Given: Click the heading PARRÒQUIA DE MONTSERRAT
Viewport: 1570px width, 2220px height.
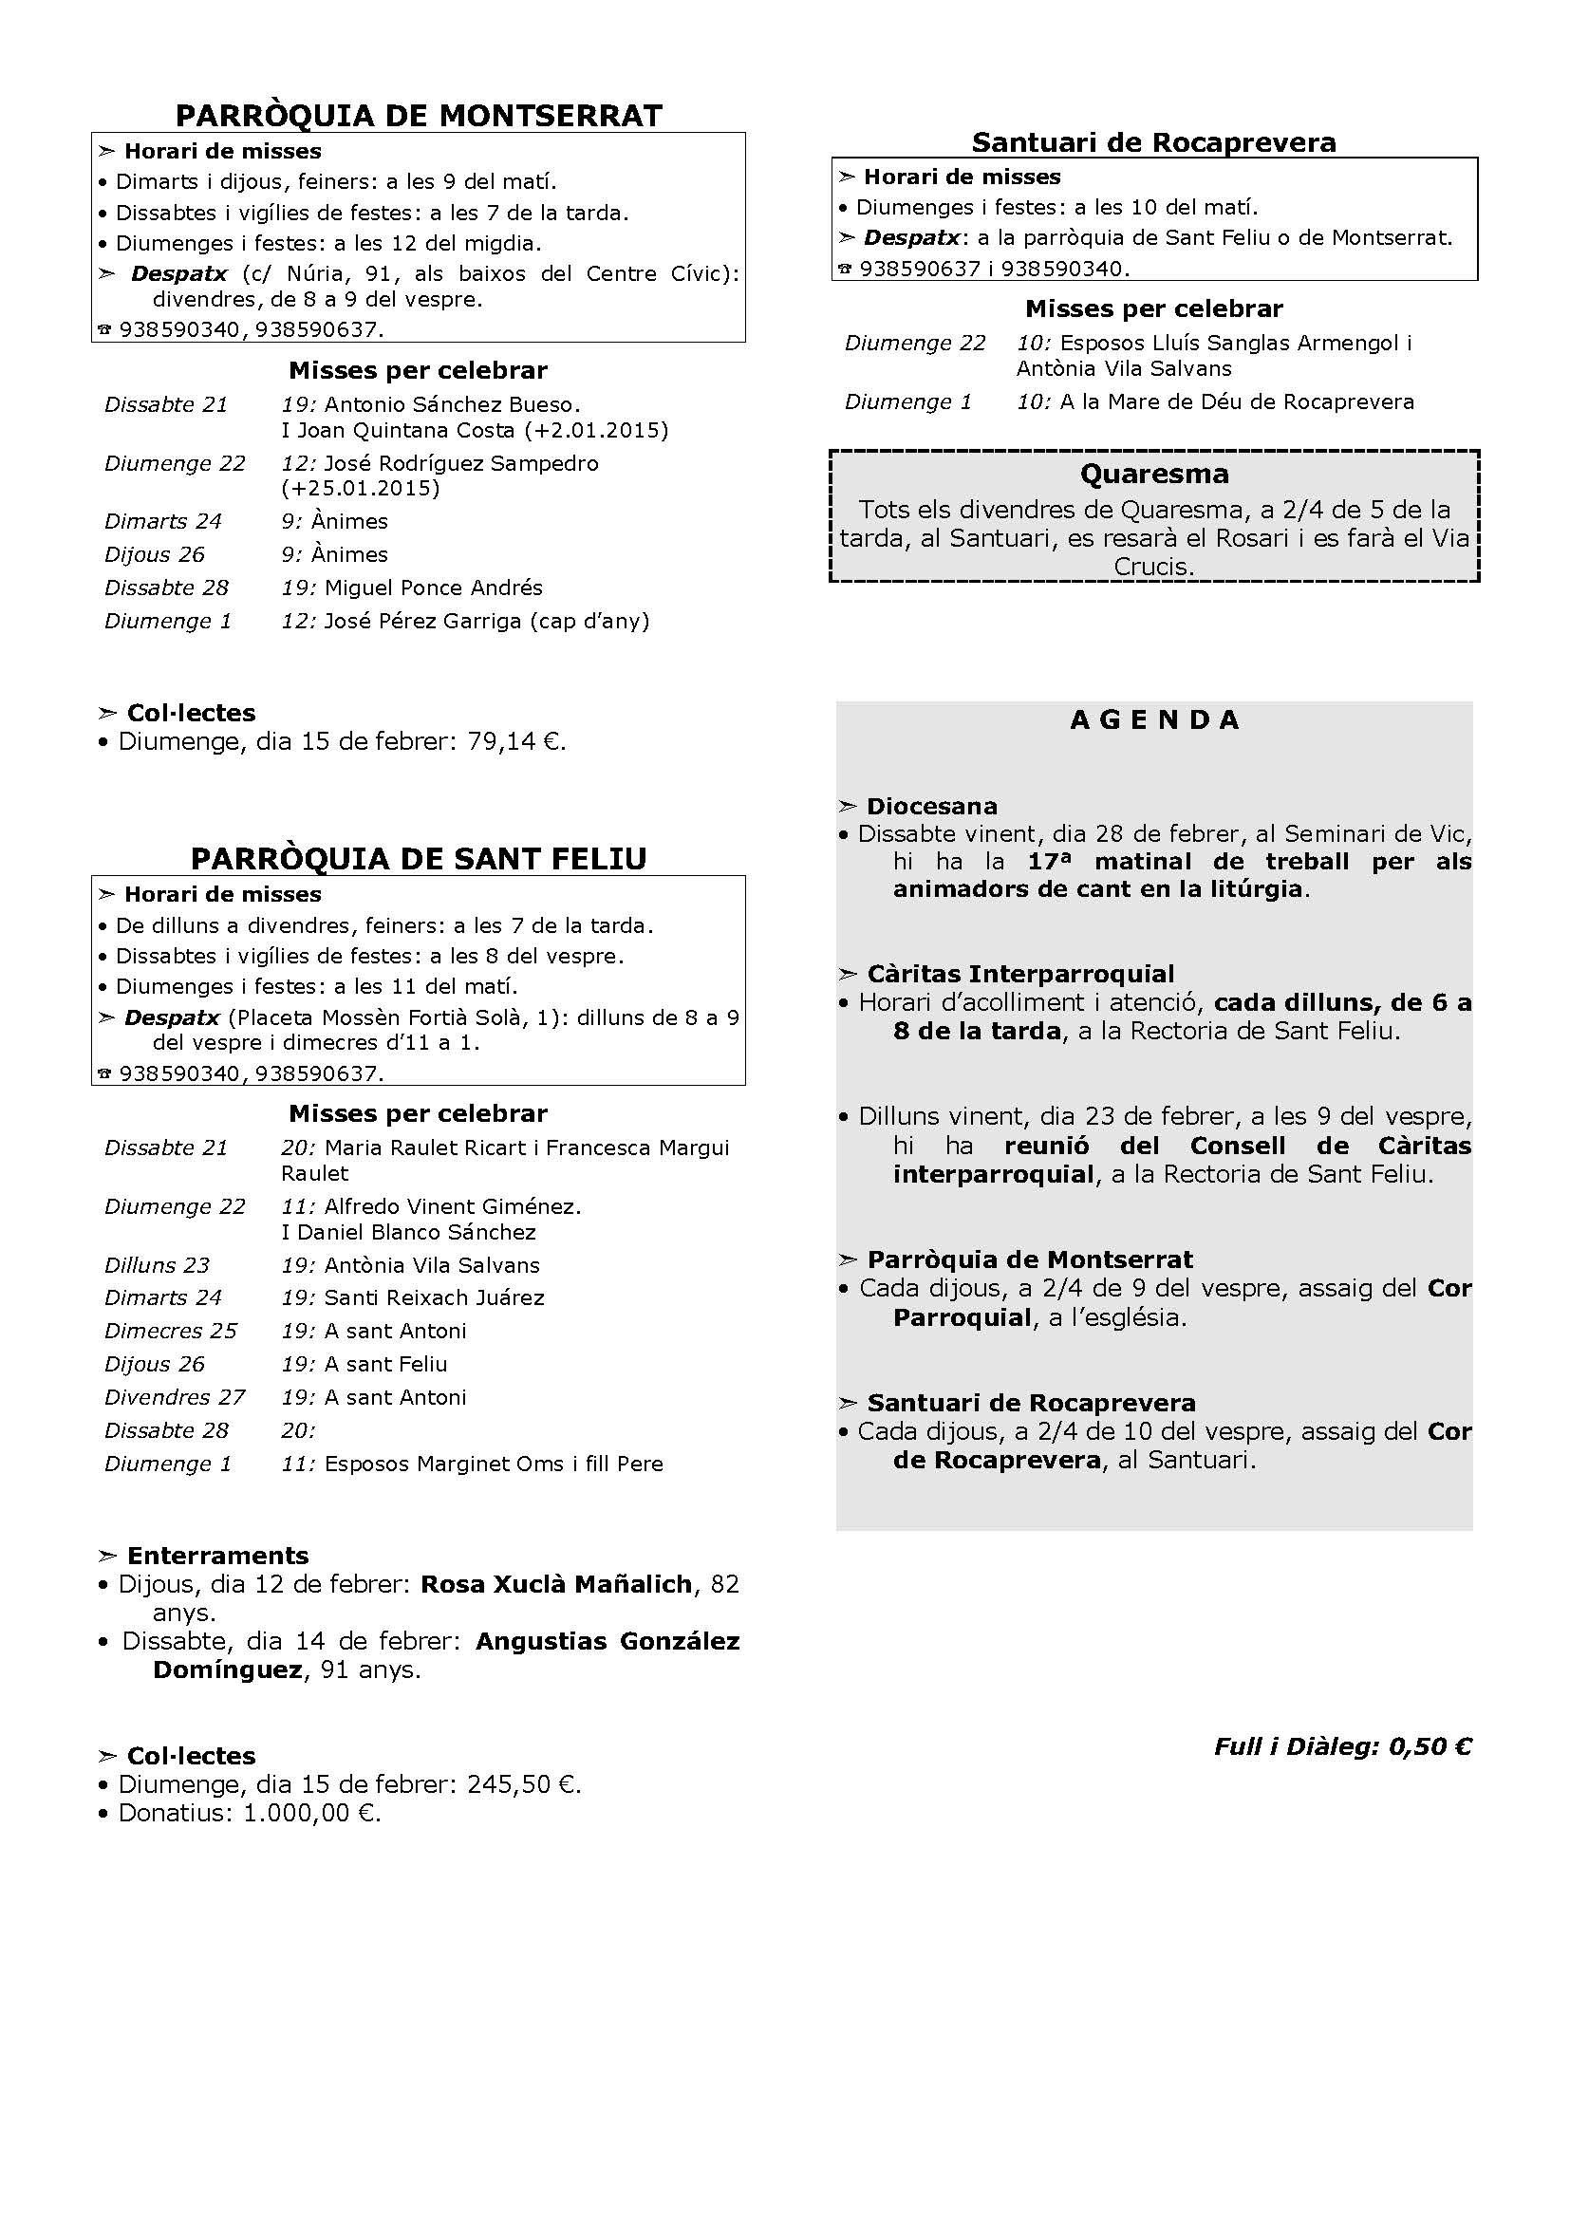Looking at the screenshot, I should (419, 116).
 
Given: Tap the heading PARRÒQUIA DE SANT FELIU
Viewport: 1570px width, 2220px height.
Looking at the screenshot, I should (419, 859).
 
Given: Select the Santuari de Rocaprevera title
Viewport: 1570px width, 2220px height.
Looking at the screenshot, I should (1153, 143).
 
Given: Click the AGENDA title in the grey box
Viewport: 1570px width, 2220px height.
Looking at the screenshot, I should (1154, 720).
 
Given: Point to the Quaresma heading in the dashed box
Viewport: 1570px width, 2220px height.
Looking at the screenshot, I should (1154, 475).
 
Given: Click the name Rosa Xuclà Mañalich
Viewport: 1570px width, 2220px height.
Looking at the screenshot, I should (557, 1584).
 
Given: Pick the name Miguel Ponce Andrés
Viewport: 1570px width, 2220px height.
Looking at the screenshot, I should (433, 588).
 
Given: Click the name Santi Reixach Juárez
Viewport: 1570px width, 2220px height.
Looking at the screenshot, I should (434, 1297).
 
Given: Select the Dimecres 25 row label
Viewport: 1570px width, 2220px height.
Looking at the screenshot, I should (170, 1332).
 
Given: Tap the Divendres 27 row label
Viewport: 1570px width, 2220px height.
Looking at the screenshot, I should (175, 1397).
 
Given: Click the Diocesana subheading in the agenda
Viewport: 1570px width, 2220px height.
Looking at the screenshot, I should (931, 807).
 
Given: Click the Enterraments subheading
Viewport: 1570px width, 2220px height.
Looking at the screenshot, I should (217, 1556).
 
